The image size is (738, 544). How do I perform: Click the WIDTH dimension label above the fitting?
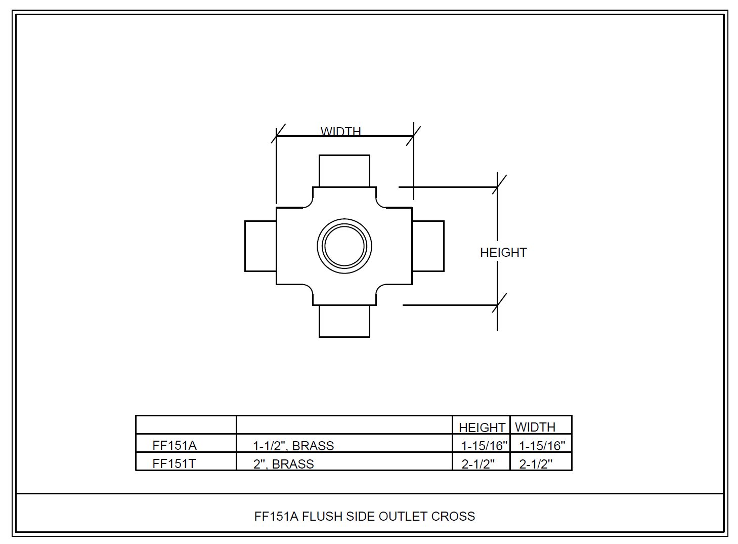[340, 132]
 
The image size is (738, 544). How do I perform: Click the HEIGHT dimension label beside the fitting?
[503, 252]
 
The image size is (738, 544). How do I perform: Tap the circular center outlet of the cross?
[344, 246]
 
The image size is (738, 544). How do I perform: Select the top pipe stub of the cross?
[344, 171]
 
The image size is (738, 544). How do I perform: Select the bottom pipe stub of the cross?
[344, 321]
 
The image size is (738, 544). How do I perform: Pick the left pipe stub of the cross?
[261, 246]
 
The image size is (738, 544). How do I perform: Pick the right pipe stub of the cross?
[428, 246]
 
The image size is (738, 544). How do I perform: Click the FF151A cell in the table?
[175, 445]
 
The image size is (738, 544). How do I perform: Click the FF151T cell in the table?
[174, 463]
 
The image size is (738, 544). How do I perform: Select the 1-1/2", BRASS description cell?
[293, 446]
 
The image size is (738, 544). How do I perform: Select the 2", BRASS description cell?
[284, 464]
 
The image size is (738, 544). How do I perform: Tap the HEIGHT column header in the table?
[482, 428]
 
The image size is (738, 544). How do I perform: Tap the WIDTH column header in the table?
[535, 427]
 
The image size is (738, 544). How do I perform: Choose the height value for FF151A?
[484, 446]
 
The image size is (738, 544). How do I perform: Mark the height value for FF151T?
[478, 464]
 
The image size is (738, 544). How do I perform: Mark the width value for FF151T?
[536, 464]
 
